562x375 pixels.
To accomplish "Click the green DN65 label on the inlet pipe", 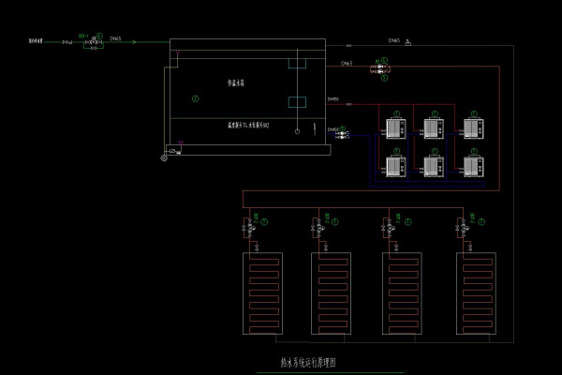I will pyautogui.click(x=115, y=38).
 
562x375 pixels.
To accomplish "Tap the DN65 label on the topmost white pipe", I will pyautogui.click(x=394, y=40).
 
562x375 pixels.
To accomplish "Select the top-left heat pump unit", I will pyautogui.click(x=393, y=127).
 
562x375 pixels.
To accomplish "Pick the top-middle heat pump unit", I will pyautogui.click(x=433, y=127).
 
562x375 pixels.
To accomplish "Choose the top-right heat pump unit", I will pyautogui.click(x=473, y=127).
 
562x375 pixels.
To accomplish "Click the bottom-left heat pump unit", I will pyautogui.click(x=393, y=166).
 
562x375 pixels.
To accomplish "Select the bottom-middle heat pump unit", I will pyautogui.click(x=433, y=166).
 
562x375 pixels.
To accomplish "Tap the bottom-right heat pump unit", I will pyautogui.click(x=473, y=166).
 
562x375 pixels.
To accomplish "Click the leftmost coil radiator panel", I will pyautogui.click(x=263, y=292).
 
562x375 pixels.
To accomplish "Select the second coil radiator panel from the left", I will pyautogui.click(x=329, y=292).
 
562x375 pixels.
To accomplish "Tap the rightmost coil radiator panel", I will pyautogui.click(x=475, y=292).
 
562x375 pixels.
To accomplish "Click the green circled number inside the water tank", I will pyautogui.click(x=195, y=97).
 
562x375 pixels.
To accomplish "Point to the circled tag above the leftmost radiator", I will pyautogui.click(x=265, y=221).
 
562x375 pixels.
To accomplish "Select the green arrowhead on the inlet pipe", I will pyautogui.click(x=134, y=42).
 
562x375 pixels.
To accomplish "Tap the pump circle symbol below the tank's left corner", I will pyautogui.click(x=165, y=156).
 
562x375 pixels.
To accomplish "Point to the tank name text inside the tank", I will pyautogui.click(x=240, y=82).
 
